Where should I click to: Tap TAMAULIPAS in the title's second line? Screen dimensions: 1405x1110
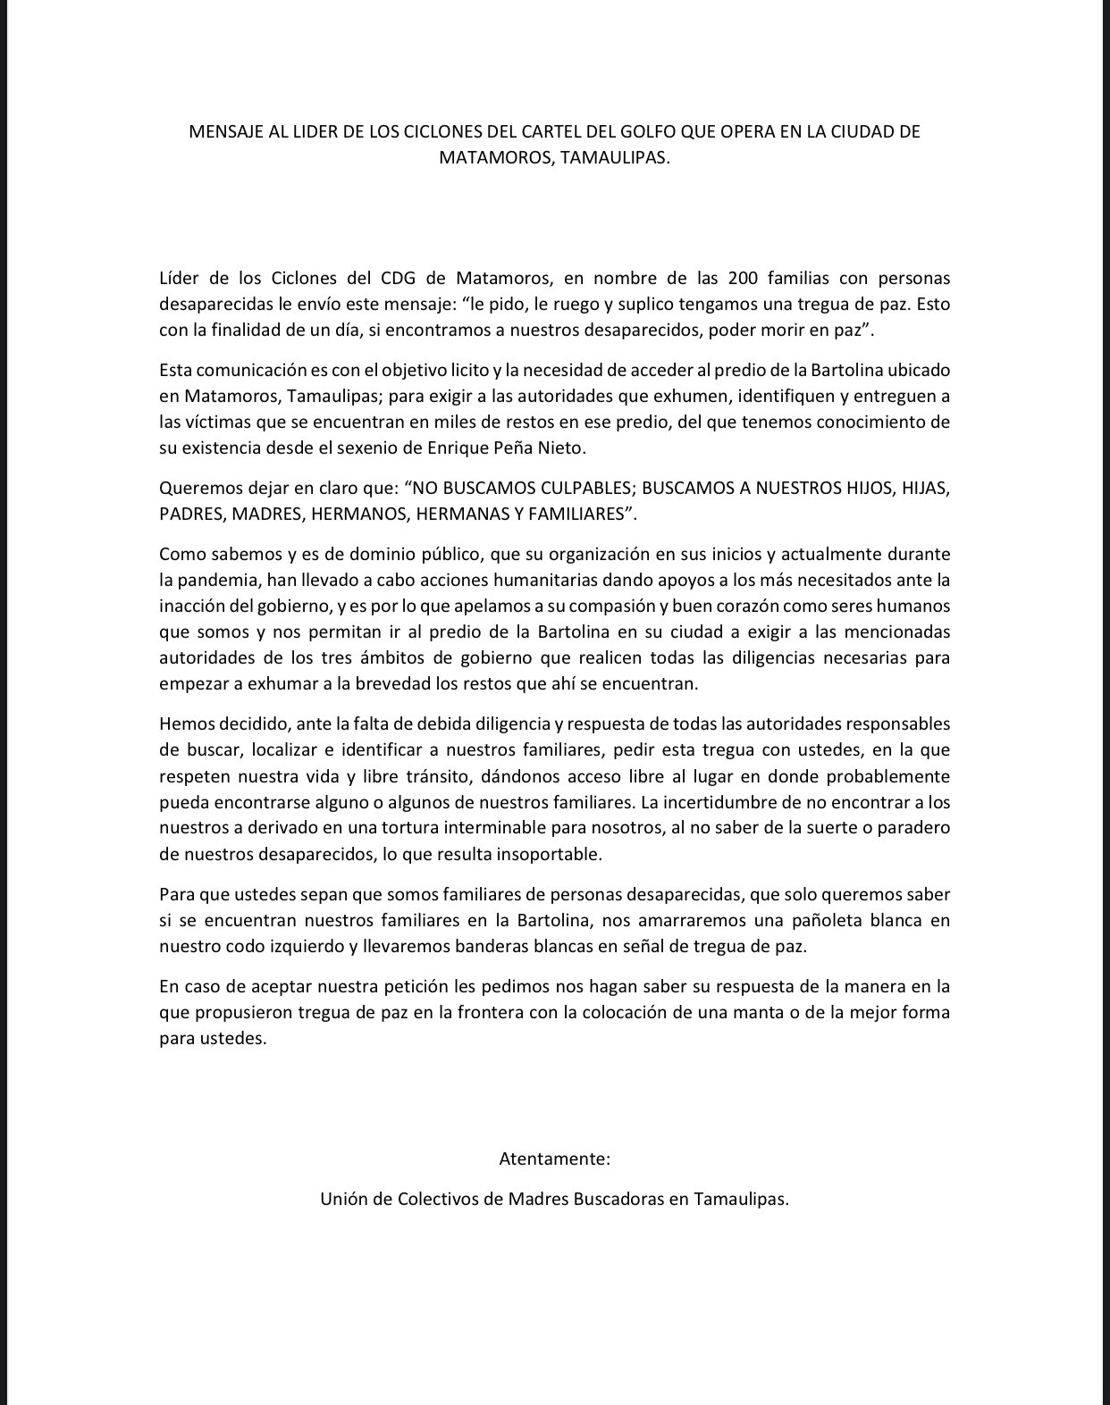tap(616, 158)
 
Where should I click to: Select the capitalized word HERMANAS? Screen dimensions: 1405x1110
tap(469, 514)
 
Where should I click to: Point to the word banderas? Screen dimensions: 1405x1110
tap(485, 947)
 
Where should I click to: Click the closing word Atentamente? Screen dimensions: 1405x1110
tap(554, 1159)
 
